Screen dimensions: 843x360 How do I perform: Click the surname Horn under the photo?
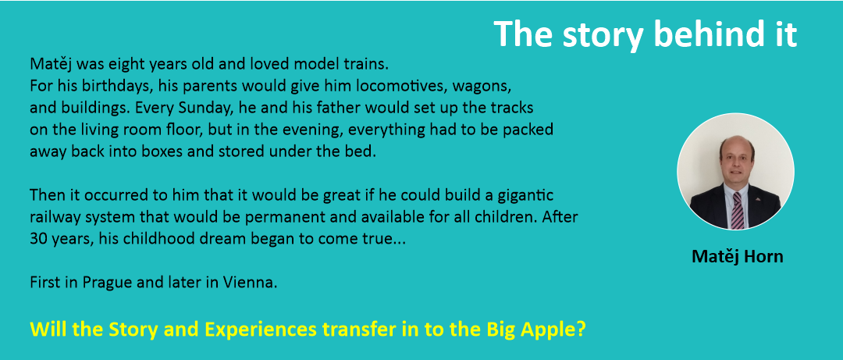click(x=763, y=257)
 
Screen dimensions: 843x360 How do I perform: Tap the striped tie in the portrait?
click(x=737, y=210)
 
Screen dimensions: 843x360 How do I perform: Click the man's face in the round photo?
click(x=736, y=160)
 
